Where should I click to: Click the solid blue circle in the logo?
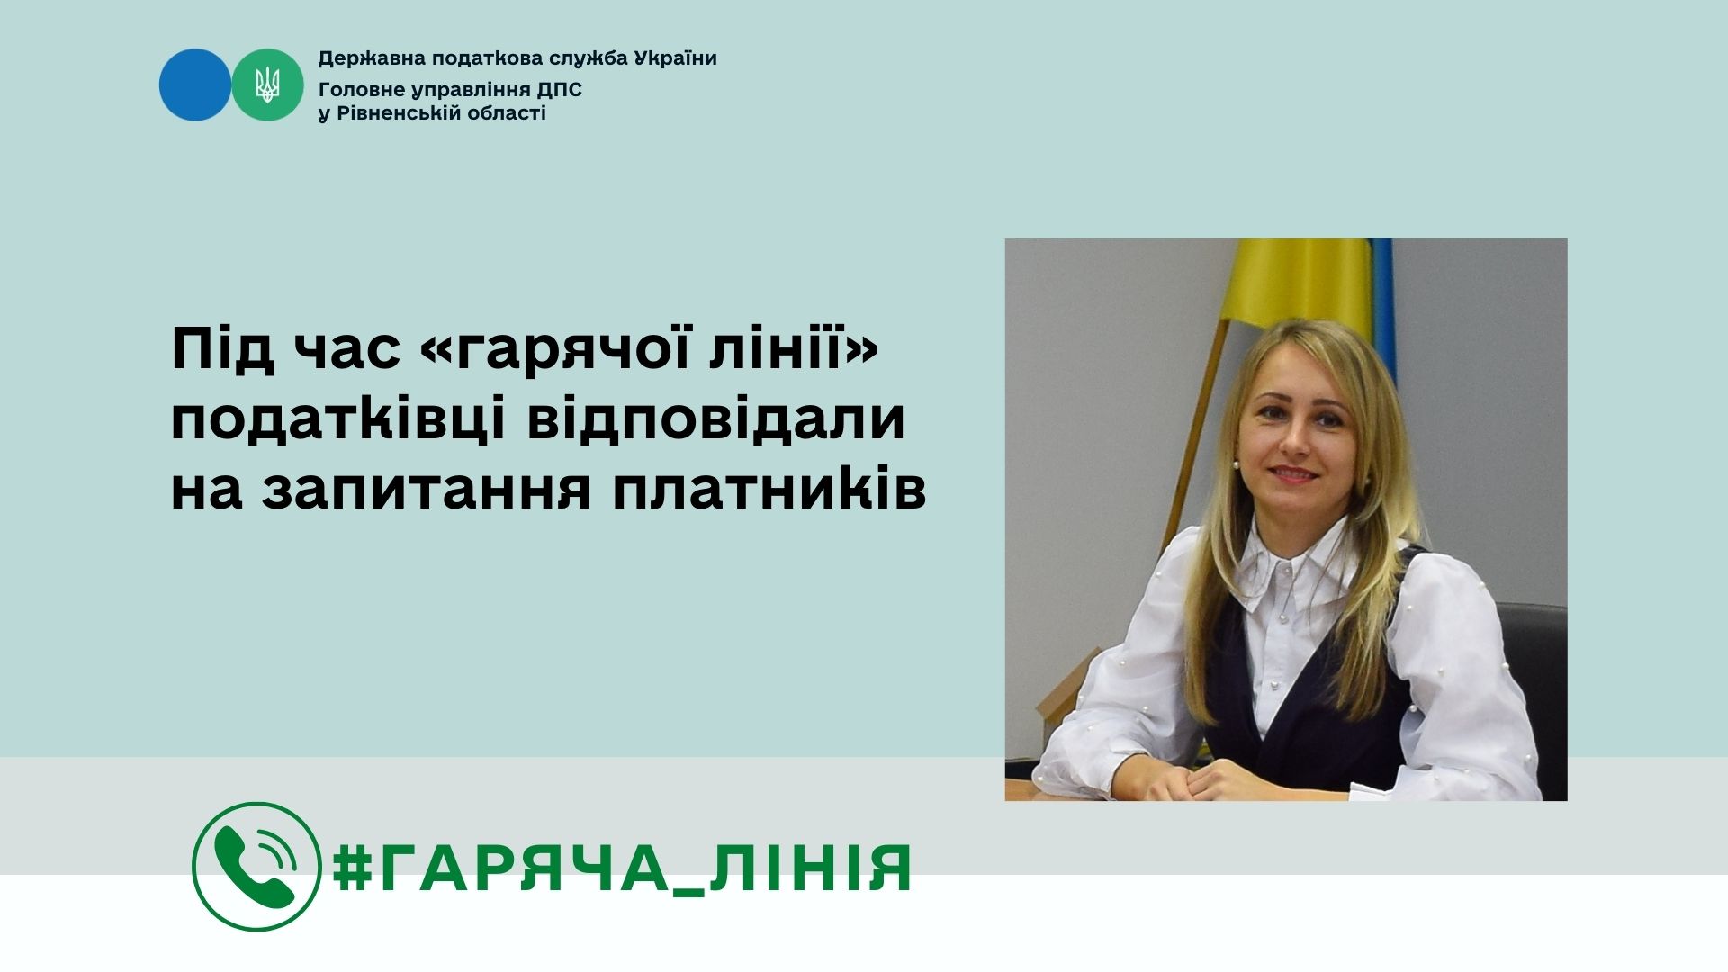(x=195, y=85)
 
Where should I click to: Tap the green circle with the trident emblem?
(x=267, y=85)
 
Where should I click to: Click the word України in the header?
(x=675, y=59)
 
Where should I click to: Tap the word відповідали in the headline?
(x=715, y=419)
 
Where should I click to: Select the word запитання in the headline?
(x=426, y=490)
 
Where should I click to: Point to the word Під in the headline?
(x=222, y=349)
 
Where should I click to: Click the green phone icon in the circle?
(x=256, y=866)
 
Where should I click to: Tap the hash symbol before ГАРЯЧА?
(x=353, y=868)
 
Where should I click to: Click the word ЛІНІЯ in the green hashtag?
(x=811, y=868)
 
